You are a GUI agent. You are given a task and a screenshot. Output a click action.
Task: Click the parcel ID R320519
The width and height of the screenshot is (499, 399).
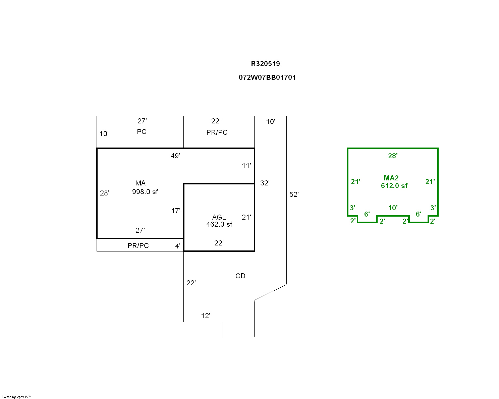(265, 64)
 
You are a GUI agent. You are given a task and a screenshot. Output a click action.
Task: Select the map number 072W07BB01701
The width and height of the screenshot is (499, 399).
(267, 77)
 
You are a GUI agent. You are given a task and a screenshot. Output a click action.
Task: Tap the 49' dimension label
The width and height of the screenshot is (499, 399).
(175, 156)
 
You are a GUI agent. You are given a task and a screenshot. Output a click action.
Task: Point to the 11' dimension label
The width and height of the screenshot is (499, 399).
(246, 166)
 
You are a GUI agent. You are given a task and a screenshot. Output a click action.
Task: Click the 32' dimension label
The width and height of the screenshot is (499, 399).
(265, 183)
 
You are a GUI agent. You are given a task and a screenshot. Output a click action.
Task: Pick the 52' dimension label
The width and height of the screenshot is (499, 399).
(294, 194)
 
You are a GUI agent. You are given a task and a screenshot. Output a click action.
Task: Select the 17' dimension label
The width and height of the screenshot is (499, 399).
(176, 211)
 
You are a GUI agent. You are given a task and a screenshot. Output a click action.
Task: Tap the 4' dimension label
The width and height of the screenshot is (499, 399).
(178, 246)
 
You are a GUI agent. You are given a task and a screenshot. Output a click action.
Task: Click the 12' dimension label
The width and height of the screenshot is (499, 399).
(206, 316)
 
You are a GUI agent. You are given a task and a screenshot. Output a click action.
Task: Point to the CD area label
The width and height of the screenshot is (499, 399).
(240, 276)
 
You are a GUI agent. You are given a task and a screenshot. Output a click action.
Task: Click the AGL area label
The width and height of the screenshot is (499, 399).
(219, 217)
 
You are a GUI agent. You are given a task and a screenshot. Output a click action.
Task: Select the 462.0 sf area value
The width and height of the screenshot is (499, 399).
(219, 224)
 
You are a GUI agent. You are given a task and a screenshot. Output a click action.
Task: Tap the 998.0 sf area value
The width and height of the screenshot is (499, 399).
(145, 192)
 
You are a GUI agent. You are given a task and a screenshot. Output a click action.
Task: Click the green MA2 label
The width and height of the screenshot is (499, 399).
(391, 178)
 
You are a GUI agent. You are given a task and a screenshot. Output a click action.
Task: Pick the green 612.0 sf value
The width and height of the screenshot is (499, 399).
(394, 186)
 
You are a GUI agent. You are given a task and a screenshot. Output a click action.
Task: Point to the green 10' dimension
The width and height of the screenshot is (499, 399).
(393, 208)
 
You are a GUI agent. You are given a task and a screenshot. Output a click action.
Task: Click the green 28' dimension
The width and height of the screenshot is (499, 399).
(393, 156)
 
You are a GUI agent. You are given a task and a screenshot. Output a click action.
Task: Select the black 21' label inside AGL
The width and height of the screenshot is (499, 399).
(246, 217)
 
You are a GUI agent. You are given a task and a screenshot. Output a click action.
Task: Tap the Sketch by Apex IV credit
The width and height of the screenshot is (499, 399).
(16, 397)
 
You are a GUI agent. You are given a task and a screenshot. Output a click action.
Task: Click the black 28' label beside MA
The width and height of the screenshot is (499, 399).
(105, 193)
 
